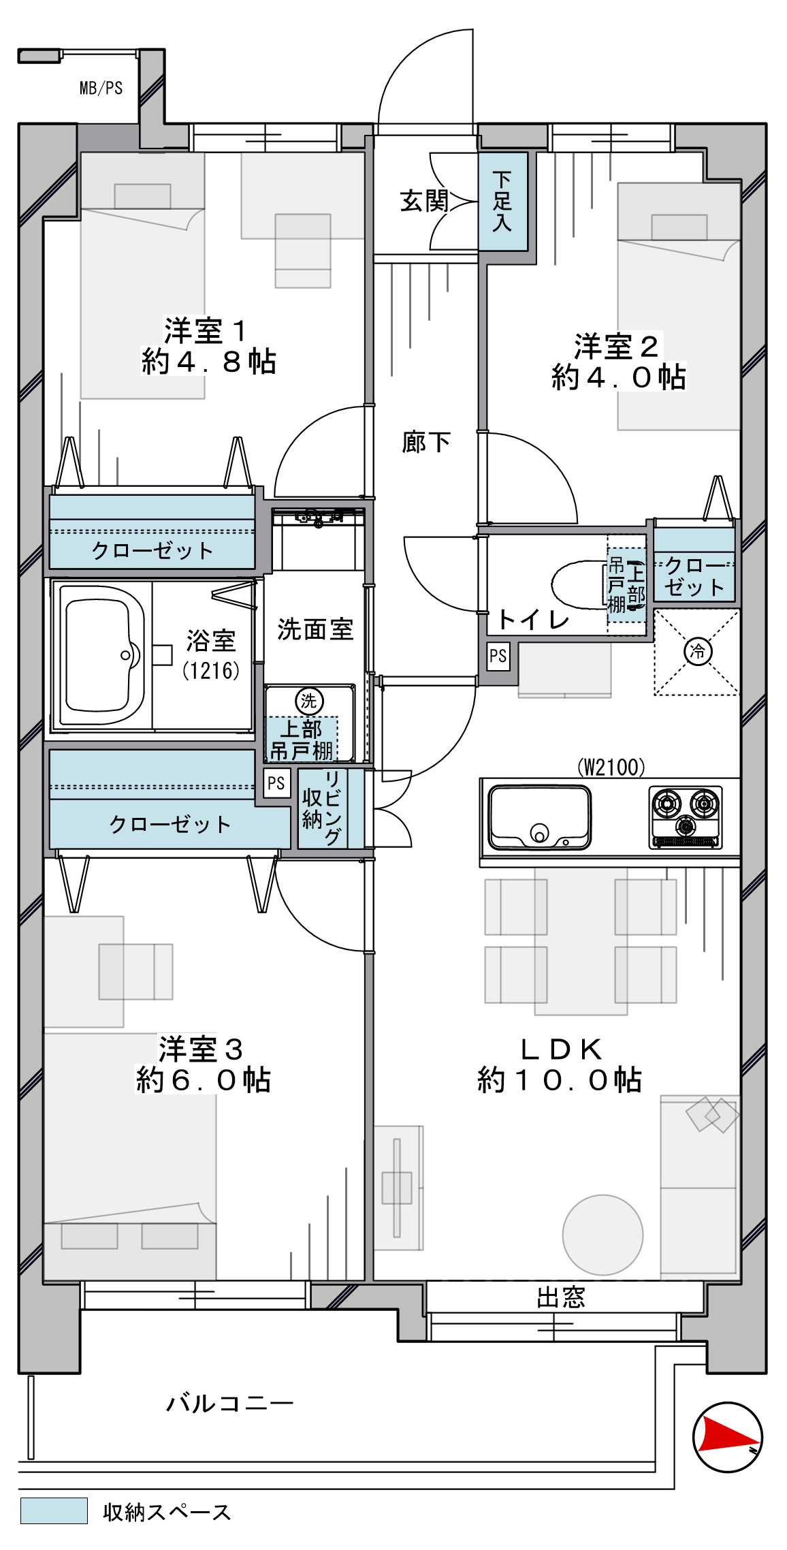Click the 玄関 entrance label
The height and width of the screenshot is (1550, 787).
(423, 202)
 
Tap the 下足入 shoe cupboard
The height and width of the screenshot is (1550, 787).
(502, 202)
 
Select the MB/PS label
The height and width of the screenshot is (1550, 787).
(101, 88)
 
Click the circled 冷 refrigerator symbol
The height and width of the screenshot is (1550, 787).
(698, 651)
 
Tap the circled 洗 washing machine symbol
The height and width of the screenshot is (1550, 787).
(309, 701)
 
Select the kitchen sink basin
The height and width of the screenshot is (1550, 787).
(539, 818)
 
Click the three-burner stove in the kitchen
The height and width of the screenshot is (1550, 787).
(686, 817)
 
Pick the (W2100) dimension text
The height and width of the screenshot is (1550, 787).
(611, 768)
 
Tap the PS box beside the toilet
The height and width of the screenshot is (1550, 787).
(498, 656)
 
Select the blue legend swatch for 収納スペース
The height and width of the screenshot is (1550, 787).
(54, 1511)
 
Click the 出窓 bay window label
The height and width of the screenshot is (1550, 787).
(560, 1298)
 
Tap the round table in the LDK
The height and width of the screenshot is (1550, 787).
(603, 1235)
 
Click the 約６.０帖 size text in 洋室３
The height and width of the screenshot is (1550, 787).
(203, 1081)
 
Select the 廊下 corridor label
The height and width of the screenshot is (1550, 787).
(425, 443)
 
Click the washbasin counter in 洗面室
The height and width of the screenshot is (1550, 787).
(319, 538)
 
